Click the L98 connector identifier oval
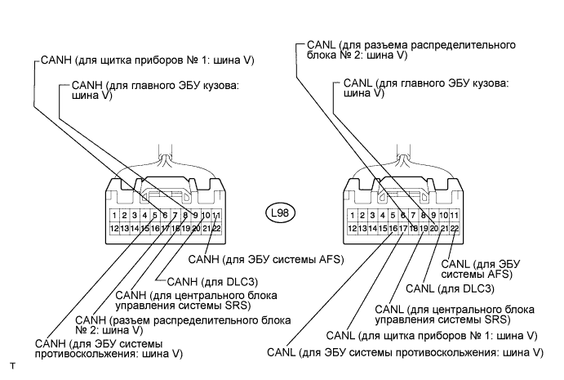coord(280,212)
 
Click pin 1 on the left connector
coord(114,216)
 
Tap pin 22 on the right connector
coord(455,228)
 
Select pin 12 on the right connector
coord(352,228)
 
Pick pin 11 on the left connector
coord(216,216)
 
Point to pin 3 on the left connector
coord(135,216)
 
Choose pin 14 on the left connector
coord(135,228)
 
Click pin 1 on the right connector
coord(352,216)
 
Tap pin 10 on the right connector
coord(444,216)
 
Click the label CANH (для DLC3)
coord(212,281)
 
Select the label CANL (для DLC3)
coord(450,288)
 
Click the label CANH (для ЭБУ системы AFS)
coord(266,259)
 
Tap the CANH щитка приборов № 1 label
coord(148,60)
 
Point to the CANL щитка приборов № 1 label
coord(432,336)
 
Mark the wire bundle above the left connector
coord(166,157)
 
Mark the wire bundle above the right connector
coord(403,157)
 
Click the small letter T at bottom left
coord(13,366)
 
